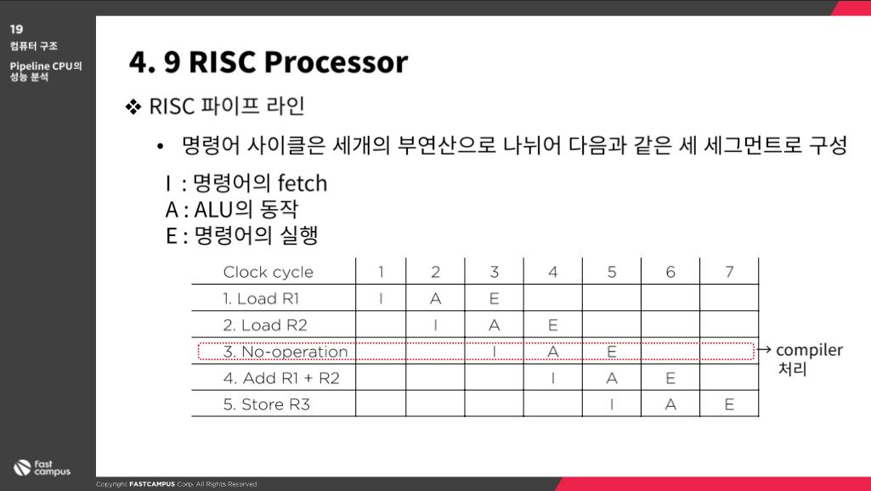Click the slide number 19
click(17, 29)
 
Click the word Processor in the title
click(336, 62)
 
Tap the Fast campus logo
click(42, 468)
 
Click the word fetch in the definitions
click(303, 183)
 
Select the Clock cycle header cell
click(269, 272)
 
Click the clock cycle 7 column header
click(729, 272)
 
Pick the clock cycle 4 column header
click(552, 272)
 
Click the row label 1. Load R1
click(261, 298)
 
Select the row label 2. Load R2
click(265, 325)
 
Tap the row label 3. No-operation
click(286, 352)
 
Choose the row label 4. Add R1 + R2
click(281, 378)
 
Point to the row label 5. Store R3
click(267, 404)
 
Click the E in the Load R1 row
click(495, 298)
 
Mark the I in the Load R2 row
click(435, 325)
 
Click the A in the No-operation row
click(552, 352)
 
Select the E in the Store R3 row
click(729, 404)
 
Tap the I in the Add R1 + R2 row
click(552, 378)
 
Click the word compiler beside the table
click(809, 351)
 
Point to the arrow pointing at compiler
click(764, 349)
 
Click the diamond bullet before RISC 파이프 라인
click(133, 106)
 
